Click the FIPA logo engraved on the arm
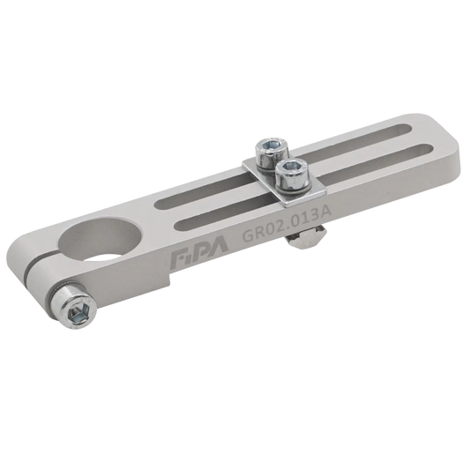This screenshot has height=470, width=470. (199, 253)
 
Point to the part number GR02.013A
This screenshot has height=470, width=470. (287, 222)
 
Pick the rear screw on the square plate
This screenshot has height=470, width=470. (272, 153)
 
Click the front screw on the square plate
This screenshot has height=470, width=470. (292, 176)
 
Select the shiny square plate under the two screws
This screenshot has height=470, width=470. (283, 183)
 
